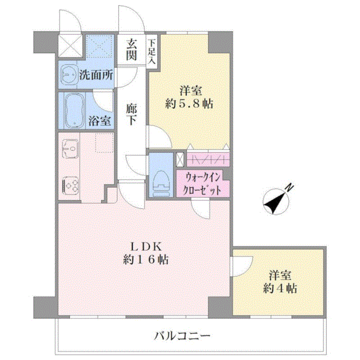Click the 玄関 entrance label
pyautogui.click(x=131, y=49)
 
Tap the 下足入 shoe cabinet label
pyautogui.click(x=151, y=52)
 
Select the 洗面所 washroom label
pyautogui.click(x=96, y=75)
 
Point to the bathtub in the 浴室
pyautogui.click(x=74, y=110)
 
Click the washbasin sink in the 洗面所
pyautogui.click(x=69, y=74)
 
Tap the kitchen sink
pyautogui.click(x=70, y=148)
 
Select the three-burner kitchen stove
pyautogui.click(x=70, y=185)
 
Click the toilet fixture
pyautogui.click(x=161, y=181)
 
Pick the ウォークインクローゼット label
pyautogui.click(x=202, y=184)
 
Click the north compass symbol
pyautogui.click(x=276, y=200)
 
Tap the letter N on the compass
pyautogui.click(x=290, y=187)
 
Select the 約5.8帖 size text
pyautogui.click(x=189, y=104)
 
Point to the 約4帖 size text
pyautogui.click(x=280, y=289)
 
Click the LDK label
pyautogui.click(x=146, y=247)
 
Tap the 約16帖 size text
pyautogui.click(x=146, y=260)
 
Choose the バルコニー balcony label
pyautogui.click(x=182, y=337)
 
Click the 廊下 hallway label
pyautogui.click(x=131, y=115)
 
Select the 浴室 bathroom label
pyautogui.click(x=100, y=120)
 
